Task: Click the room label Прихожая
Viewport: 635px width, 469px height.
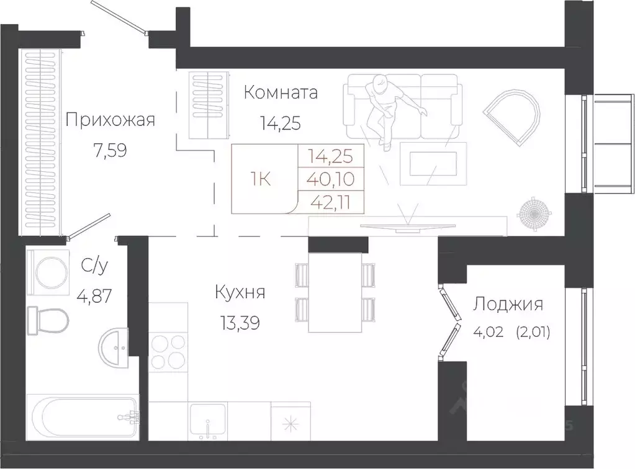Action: [109, 119]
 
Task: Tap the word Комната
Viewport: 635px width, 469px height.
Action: [281, 93]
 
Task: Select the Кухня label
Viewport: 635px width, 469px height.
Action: [240, 292]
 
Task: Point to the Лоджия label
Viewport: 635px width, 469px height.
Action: [508, 304]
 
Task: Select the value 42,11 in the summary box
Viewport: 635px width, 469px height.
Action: [331, 202]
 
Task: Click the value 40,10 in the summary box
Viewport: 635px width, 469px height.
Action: [331, 180]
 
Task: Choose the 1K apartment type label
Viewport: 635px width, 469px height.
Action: [260, 180]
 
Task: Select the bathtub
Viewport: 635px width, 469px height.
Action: [85, 418]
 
